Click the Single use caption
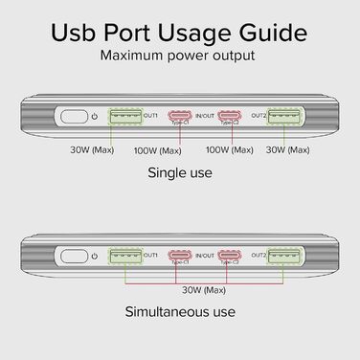coord(180,173)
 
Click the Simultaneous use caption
coord(180,312)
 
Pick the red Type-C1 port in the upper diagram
coord(176,118)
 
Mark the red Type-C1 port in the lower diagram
coord(176,256)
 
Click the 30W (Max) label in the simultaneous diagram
coord(201,286)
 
